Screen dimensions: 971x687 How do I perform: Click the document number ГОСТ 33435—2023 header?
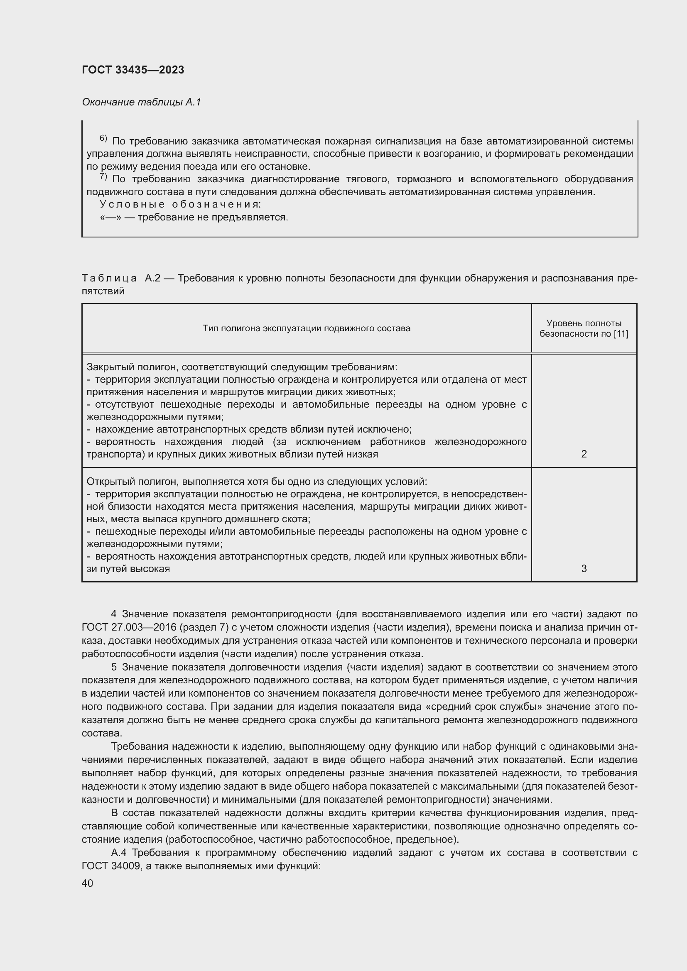tap(133, 70)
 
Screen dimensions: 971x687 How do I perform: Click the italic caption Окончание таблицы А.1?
tap(141, 102)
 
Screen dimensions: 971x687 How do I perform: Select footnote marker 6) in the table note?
tap(103, 138)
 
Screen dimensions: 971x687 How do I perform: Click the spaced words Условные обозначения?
tap(180, 204)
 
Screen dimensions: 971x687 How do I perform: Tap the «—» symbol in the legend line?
tap(109, 218)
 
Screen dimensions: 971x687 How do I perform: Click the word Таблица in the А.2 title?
tap(109, 278)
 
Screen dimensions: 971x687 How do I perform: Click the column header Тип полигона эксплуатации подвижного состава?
tap(306, 328)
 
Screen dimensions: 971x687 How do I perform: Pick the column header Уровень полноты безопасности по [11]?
tap(584, 328)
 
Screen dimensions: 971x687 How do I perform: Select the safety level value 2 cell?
tap(584, 454)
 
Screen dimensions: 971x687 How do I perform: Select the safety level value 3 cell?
tap(584, 569)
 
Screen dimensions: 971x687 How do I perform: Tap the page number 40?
tap(88, 883)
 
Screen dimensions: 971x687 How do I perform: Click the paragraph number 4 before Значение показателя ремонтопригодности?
tap(114, 614)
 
